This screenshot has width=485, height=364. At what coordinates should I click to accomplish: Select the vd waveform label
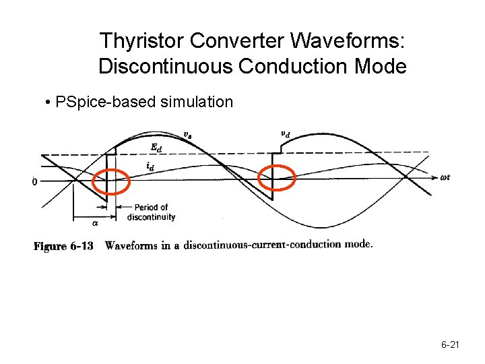286,133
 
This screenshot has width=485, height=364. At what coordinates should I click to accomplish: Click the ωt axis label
445,178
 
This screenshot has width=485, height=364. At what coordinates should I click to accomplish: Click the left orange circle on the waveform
111,181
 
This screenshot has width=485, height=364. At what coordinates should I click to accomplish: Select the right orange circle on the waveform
277,177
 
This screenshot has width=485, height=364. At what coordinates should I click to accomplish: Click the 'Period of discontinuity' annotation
151,212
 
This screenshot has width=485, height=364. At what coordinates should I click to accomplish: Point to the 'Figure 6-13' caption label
63,246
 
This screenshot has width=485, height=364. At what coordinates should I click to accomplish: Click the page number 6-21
450,345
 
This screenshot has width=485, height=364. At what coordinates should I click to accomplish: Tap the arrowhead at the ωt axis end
434,178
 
